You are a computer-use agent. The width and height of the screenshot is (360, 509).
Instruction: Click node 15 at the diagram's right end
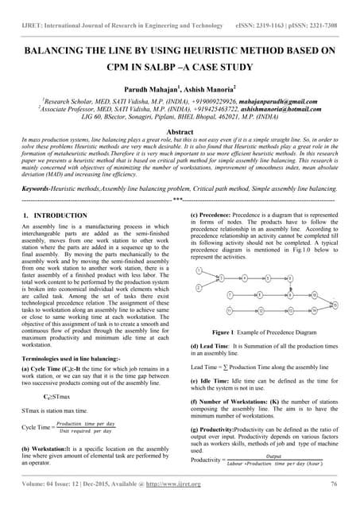coord(335,303)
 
